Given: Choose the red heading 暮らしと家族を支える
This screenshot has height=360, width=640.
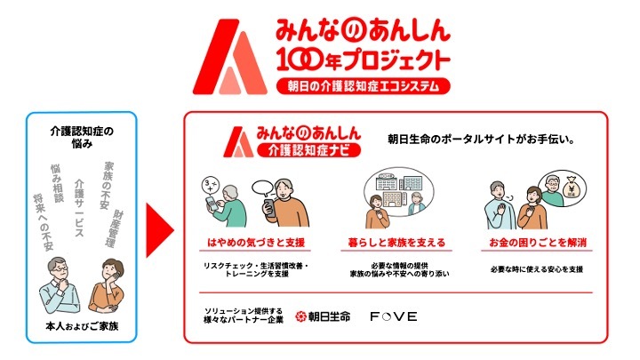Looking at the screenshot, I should tap(396, 242).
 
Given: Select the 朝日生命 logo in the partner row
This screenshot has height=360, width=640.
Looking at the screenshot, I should tap(323, 316).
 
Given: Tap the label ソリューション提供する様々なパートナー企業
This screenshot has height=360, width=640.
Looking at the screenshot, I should tap(243, 316).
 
